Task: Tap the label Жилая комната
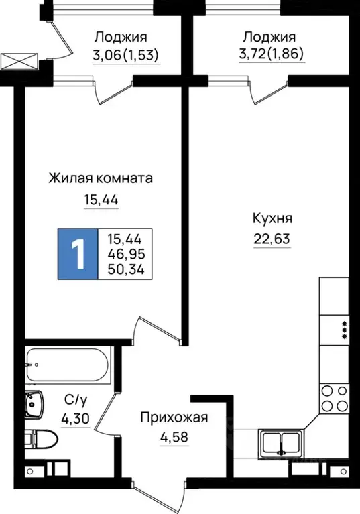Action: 101,178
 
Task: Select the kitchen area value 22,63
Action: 272,239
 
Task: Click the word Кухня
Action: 272,218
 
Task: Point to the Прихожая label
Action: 174,418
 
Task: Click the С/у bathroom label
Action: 74,401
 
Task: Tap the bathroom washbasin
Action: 34,404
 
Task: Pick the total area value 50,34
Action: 125,269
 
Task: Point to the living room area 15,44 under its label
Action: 101,200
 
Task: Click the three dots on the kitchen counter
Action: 345,330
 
